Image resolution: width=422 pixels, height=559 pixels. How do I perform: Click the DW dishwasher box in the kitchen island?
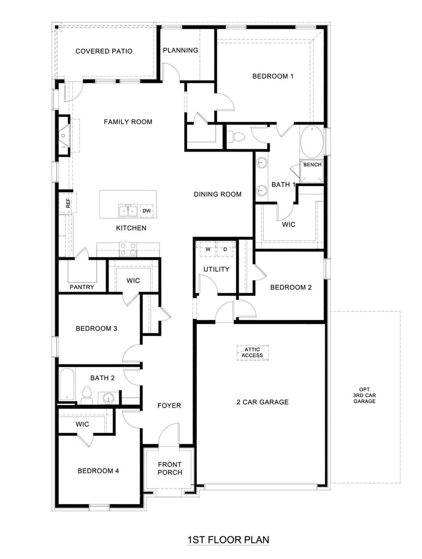(147, 211)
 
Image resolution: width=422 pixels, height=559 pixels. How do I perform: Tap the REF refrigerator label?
(68, 203)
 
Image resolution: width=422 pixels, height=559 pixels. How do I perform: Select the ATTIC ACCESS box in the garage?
(253, 352)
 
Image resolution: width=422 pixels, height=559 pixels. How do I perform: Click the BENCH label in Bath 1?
(312, 165)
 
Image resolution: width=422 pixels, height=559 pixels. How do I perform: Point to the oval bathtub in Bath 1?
(312, 142)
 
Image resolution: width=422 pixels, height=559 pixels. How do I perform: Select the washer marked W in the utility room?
(208, 249)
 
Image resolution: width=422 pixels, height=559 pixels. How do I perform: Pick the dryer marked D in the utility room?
(225, 249)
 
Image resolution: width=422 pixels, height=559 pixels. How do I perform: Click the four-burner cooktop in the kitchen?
(128, 249)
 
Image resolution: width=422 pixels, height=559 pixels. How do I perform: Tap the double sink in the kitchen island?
(128, 211)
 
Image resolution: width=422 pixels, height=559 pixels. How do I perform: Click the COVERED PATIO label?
(104, 51)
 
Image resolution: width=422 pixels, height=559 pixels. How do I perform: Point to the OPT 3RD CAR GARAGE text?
(364, 395)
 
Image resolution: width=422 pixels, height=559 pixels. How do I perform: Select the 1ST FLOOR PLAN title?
(228, 540)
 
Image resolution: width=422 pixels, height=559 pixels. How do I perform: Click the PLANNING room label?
(180, 50)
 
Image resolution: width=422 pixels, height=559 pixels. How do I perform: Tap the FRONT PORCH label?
(170, 468)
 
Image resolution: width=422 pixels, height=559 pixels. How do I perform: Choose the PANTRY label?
(82, 287)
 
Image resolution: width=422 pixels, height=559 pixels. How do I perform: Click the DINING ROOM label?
(218, 194)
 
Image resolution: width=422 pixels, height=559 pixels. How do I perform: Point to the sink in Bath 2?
(108, 398)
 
